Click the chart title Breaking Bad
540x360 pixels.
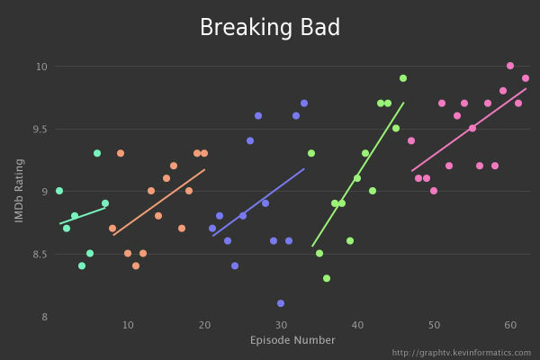(x=270, y=28)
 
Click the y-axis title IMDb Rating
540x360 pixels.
(x=19, y=192)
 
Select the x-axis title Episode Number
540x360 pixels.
(x=292, y=340)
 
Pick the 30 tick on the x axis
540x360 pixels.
(x=281, y=324)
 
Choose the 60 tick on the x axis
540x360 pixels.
(x=510, y=324)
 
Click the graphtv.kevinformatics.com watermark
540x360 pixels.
(x=461, y=353)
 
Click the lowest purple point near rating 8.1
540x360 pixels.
(x=281, y=303)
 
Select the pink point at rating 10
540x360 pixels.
(x=510, y=66)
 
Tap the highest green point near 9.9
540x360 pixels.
(x=403, y=78)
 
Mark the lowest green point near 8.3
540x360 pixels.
(x=327, y=278)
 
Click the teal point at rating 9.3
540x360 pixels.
(x=97, y=153)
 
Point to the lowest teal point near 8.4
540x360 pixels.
(x=82, y=265)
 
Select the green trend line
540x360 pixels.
(x=357, y=175)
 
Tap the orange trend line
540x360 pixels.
(x=158, y=202)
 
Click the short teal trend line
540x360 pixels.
(x=82, y=216)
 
